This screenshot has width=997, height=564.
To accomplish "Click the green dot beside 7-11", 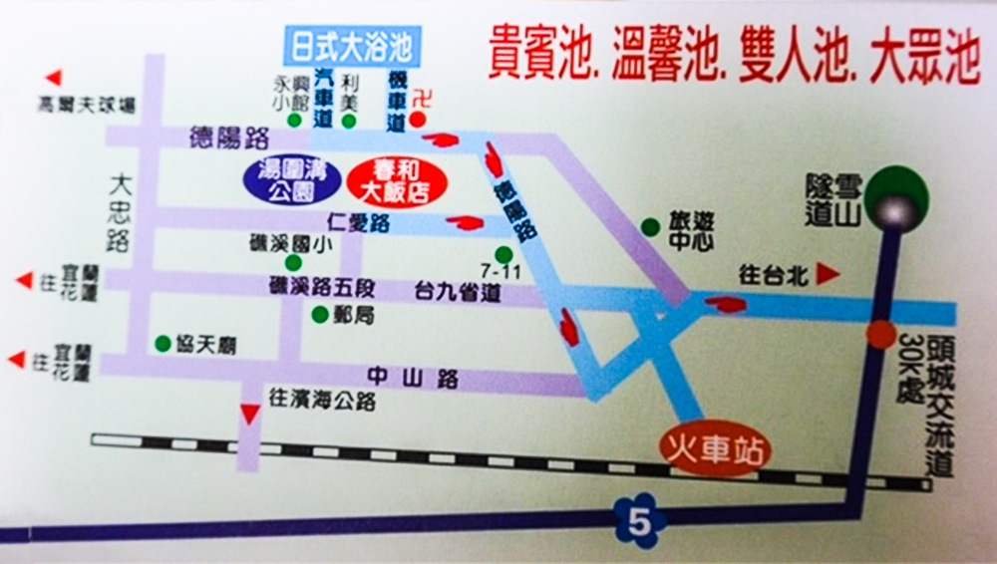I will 503,253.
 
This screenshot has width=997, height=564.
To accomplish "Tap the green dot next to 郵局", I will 319,315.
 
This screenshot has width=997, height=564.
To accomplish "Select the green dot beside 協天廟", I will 163,343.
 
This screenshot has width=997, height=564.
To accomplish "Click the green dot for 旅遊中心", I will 650,226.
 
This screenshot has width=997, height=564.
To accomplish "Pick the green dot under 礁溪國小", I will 293,262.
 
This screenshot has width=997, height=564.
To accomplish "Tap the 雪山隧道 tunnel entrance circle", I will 889,205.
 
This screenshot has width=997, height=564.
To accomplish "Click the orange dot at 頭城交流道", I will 880,335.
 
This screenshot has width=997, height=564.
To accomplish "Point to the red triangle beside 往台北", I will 825,272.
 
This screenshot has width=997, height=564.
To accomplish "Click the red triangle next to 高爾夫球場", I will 54,77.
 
